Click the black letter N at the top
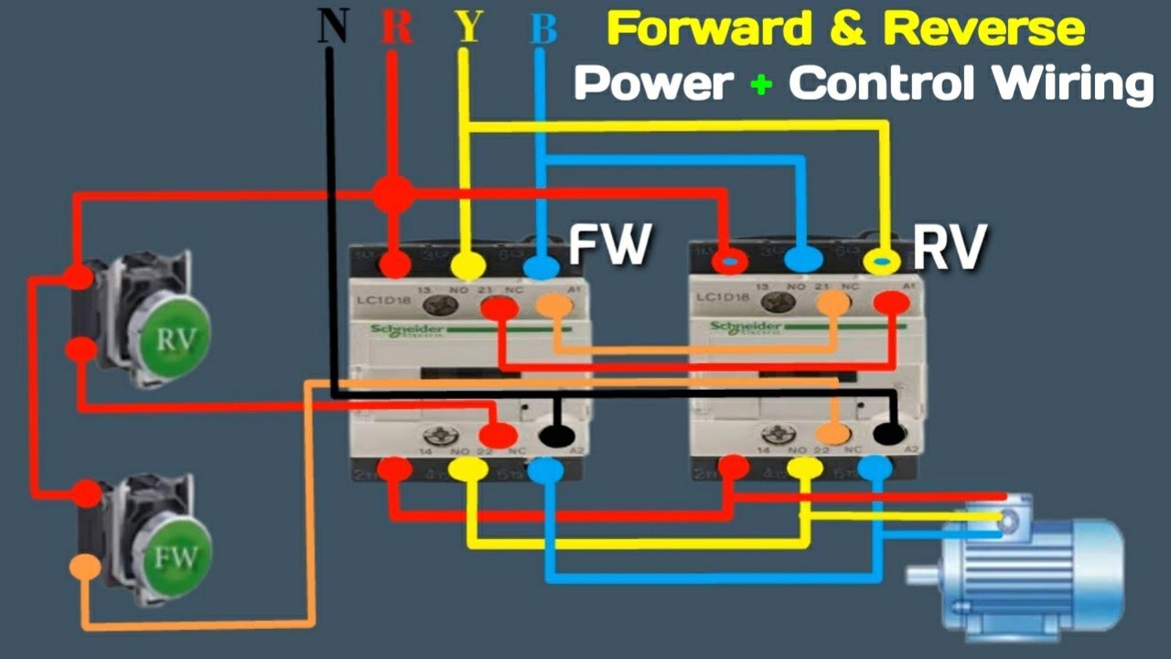tap(333, 27)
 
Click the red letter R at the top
tap(396, 28)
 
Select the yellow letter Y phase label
tap(467, 28)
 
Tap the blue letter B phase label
tap(543, 29)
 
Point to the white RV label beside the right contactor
tap(951, 247)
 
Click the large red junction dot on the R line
tap(393, 194)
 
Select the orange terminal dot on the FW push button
tap(85, 567)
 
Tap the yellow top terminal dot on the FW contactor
tap(467, 266)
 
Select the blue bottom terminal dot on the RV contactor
tap(875, 470)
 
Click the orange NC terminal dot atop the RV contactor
tap(833, 303)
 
